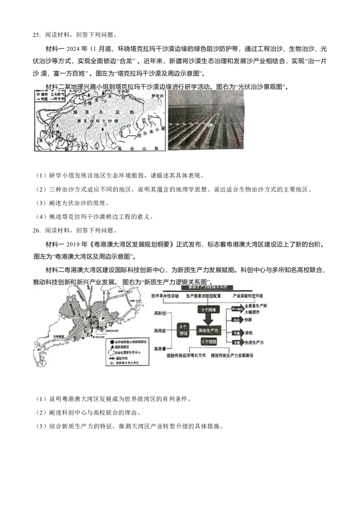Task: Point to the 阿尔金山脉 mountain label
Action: point(148,130)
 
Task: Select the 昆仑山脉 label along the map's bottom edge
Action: point(131,147)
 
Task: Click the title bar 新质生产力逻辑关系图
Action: point(207,287)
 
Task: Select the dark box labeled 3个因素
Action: point(207,310)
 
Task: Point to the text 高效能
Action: point(160,330)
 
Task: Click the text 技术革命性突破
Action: point(166,297)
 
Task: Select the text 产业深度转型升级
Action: point(248,297)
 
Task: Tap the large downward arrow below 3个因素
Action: point(207,319)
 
